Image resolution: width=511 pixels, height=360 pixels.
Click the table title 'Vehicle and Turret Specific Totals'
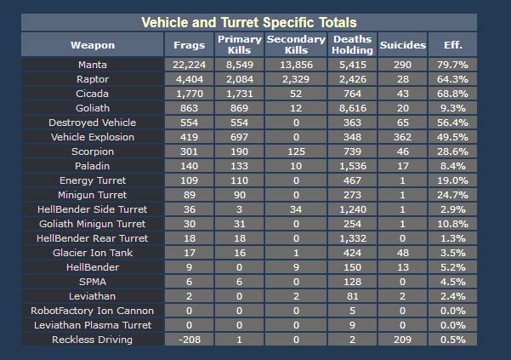click(249, 23)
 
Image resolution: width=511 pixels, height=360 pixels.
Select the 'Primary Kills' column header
click(240, 45)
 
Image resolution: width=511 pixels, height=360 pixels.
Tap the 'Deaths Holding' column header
click(352, 45)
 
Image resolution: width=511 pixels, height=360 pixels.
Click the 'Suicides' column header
click(402, 45)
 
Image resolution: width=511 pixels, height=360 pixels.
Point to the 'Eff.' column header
click(452, 45)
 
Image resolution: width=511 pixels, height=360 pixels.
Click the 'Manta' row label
click(92, 65)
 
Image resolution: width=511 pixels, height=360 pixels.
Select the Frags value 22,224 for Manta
click(189, 65)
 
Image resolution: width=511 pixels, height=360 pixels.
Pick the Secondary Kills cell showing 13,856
click(296, 65)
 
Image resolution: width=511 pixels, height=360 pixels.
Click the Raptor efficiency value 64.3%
click(452, 79)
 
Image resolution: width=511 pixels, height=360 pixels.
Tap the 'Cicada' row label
click(92, 94)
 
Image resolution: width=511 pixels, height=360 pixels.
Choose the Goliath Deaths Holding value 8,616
click(352, 108)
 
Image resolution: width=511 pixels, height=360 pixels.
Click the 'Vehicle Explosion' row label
click(92, 137)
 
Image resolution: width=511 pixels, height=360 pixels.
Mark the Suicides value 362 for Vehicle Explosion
click(402, 137)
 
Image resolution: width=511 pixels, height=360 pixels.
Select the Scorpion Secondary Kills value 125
click(296, 151)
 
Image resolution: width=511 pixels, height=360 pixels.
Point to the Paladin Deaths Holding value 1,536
click(352, 166)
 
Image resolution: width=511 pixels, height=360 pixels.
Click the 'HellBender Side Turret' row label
click(92, 209)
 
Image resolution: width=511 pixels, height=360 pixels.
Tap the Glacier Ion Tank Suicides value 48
click(402, 253)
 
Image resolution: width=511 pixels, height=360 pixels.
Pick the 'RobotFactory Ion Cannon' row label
click(92, 311)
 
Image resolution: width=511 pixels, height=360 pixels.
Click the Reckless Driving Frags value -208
click(189, 340)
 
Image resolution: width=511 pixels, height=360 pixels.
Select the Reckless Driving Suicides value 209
click(402, 340)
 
